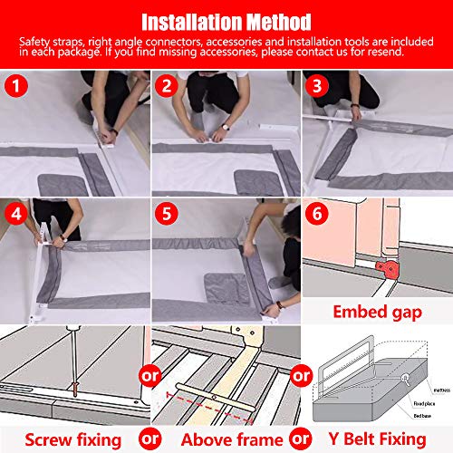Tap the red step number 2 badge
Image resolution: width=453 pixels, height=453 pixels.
click(167, 88)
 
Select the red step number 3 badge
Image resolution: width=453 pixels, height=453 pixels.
click(317, 88)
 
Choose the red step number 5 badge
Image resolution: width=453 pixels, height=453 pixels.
click(167, 216)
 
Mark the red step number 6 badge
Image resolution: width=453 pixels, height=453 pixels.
click(317, 216)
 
